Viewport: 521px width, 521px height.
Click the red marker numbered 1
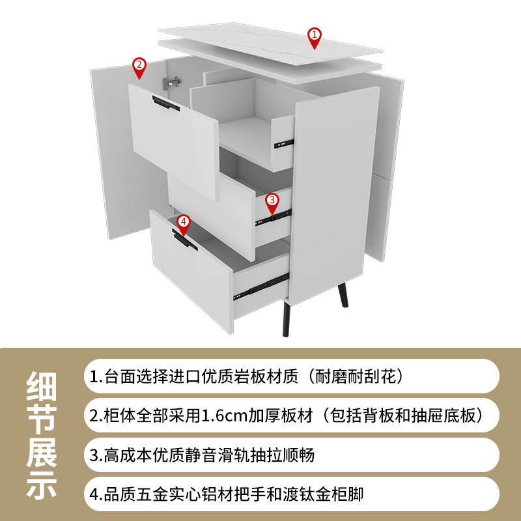tap(315, 36)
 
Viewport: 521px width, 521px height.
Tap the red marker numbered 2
tap(138, 66)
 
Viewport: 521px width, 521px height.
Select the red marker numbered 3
tap(272, 201)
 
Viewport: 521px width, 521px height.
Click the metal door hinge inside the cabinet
tap(173, 82)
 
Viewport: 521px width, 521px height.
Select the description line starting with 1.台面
tap(248, 376)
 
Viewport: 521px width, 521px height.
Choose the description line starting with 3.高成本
tap(203, 455)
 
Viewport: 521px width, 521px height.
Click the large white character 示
tap(42, 485)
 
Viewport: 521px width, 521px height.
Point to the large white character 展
tap(42, 453)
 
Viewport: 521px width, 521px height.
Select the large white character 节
tap(42, 421)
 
